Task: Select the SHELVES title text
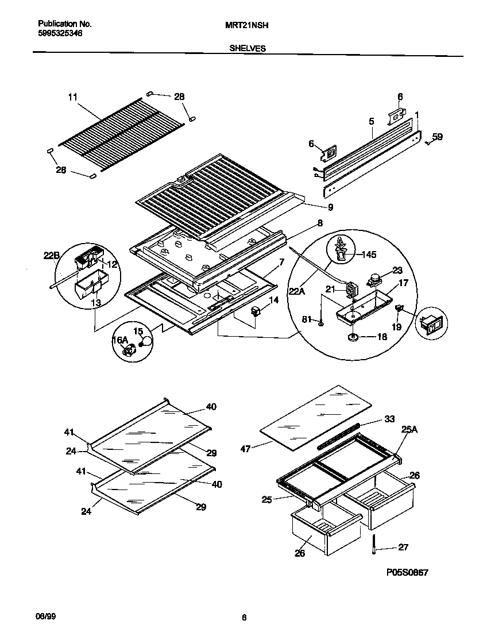pos(248,49)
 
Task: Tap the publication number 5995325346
pos(60,34)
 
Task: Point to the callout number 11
pos(72,97)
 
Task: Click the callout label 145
pos(369,255)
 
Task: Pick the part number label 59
pos(437,137)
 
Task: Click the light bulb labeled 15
pos(148,341)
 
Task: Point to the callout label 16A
pos(119,341)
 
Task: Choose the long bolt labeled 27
pos(373,543)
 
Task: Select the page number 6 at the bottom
pos(243,618)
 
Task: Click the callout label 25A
pos(409,429)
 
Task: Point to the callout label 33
pos(389,419)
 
